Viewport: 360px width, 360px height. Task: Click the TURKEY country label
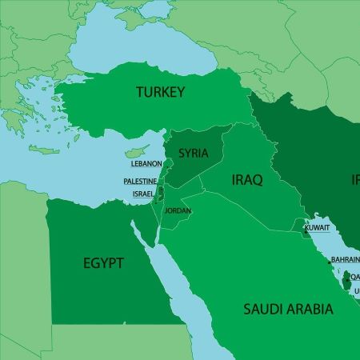(x=160, y=92)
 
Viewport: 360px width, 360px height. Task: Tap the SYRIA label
(x=194, y=152)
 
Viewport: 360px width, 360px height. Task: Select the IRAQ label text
(x=246, y=179)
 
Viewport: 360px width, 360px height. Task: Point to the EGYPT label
(x=102, y=262)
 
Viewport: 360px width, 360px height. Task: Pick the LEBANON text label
(x=146, y=163)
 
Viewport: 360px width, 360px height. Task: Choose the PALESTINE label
(x=140, y=182)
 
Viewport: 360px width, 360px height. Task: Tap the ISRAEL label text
(x=144, y=194)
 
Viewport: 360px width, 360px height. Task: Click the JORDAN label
(x=177, y=211)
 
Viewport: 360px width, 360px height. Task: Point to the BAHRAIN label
(x=346, y=260)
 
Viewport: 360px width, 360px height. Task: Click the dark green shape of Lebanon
(x=166, y=165)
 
